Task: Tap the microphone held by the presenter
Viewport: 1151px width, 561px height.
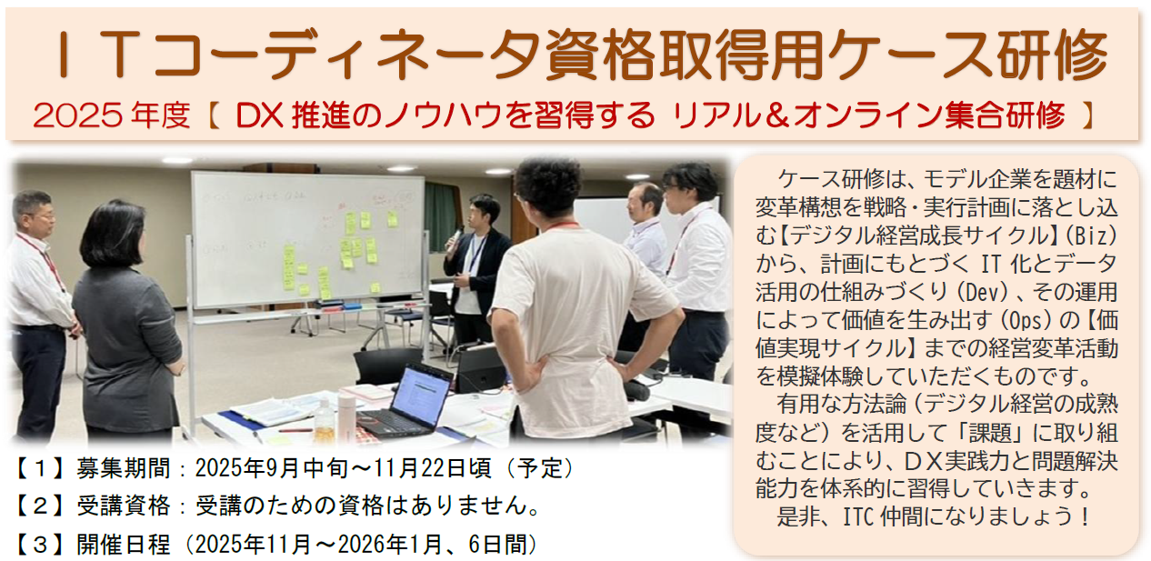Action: click(455, 239)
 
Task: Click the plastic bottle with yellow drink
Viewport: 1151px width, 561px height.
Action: click(325, 421)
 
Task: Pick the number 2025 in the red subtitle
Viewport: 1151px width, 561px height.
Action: click(78, 115)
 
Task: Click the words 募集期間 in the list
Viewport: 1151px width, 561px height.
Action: click(124, 468)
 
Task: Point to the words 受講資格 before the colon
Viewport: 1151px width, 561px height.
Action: click(124, 506)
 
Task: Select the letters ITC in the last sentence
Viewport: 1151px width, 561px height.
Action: click(858, 516)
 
